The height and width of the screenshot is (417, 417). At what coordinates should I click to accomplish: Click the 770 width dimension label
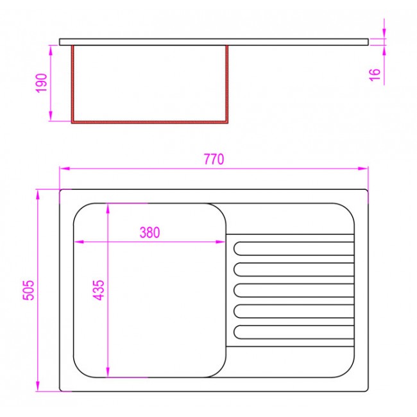coord(214,159)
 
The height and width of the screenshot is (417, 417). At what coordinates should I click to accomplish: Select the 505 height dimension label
coord(28,290)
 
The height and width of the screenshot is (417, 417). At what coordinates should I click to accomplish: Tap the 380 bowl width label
coord(149,232)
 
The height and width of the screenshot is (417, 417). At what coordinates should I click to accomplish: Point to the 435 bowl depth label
coord(98,290)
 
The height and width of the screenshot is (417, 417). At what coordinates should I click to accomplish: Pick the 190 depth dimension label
coord(42,83)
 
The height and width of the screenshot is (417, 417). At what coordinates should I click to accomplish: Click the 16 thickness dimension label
coord(375,74)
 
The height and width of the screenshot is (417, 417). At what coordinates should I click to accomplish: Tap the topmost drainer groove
coord(294,249)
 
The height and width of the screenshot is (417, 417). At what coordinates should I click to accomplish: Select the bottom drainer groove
coord(294,332)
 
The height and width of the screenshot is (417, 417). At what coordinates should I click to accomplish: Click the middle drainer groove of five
coord(294,291)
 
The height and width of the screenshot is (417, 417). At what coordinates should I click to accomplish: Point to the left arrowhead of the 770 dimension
coord(64,168)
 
